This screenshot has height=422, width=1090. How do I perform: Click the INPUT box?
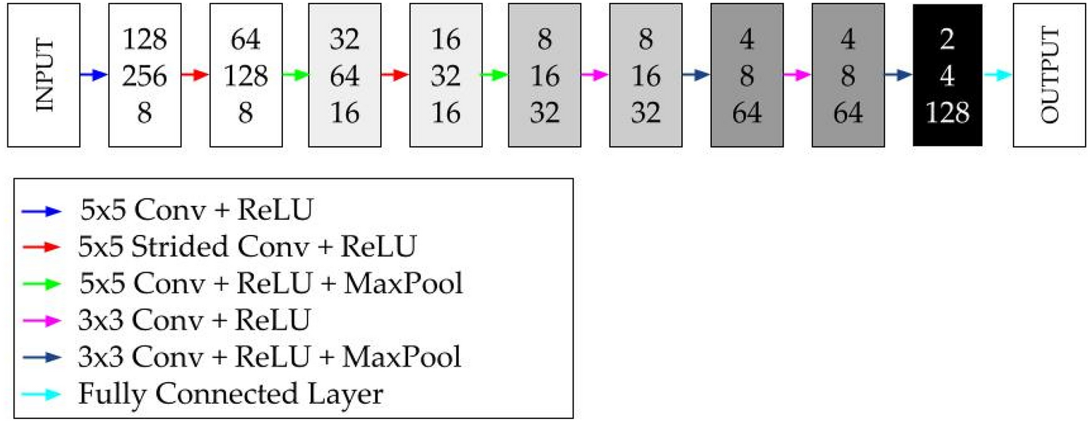click(x=44, y=75)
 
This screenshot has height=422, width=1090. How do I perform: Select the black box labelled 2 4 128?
click(x=947, y=75)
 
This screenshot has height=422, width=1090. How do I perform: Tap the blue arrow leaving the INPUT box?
click(x=94, y=75)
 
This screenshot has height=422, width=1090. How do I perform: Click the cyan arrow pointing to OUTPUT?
click(x=998, y=75)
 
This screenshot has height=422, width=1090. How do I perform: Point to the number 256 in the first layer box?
click(x=144, y=75)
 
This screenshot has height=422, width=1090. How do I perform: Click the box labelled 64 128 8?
click(x=245, y=75)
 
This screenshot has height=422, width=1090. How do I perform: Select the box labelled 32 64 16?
click(x=345, y=75)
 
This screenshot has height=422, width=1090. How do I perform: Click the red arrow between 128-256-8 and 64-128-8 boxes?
click(x=194, y=75)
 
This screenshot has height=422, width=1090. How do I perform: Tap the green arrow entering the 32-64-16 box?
click(x=294, y=75)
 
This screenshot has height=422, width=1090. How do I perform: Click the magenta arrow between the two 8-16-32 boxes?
click(x=594, y=75)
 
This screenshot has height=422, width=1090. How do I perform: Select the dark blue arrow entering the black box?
click(x=897, y=75)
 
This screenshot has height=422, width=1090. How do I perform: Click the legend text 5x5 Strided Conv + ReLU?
click(x=247, y=247)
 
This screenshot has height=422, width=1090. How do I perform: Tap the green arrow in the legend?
click(x=41, y=284)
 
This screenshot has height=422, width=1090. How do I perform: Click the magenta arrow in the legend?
click(x=41, y=320)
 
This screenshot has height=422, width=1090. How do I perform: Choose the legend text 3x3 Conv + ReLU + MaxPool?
click(x=269, y=357)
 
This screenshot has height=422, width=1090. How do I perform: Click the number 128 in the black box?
click(x=947, y=114)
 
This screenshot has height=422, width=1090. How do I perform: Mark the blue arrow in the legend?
click(x=41, y=211)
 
